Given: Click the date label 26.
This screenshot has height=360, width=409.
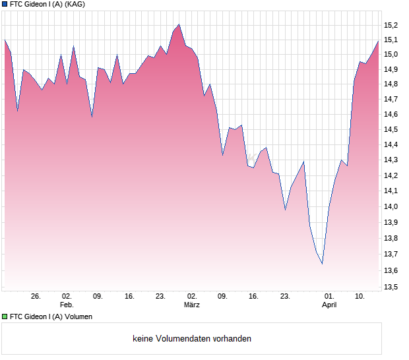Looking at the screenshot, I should (x=36, y=297).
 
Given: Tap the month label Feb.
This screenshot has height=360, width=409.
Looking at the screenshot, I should (x=67, y=305).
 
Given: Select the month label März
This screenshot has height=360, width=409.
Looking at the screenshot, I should (x=192, y=305).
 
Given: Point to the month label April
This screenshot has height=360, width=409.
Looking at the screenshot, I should (x=329, y=305).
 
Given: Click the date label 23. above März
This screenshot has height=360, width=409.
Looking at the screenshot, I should (x=160, y=297).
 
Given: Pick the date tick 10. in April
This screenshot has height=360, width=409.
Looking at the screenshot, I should (x=360, y=297).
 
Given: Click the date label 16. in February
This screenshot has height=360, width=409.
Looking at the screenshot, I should (x=129, y=297).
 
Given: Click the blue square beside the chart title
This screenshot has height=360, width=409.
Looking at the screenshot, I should (x=5, y=4).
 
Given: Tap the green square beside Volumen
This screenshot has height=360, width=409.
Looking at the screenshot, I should (x=5, y=316).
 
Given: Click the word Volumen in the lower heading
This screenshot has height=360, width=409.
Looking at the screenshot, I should (x=78, y=316).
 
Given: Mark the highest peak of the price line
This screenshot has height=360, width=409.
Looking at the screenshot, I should (x=179, y=24).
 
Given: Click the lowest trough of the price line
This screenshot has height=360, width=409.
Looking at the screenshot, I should (x=322, y=264).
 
